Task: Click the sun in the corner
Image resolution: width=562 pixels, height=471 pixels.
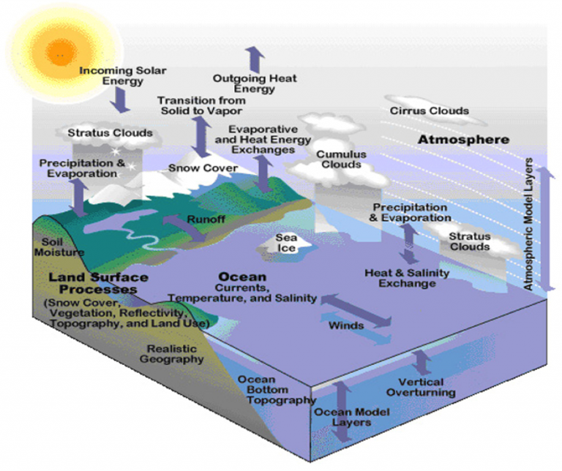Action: coord(59,51)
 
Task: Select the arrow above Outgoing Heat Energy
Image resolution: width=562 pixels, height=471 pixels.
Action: coord(254,57)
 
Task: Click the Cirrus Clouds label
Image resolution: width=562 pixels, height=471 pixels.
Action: coord(429,111)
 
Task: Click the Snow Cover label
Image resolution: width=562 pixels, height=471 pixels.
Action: coord(203,168)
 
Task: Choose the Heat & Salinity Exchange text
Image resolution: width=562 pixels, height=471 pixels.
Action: coord(407,278)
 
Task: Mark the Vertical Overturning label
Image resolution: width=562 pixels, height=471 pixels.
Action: coord(427,387)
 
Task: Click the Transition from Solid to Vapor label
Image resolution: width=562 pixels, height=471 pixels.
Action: coord(196,104)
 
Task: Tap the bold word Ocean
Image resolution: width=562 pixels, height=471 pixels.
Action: coord(241,278)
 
